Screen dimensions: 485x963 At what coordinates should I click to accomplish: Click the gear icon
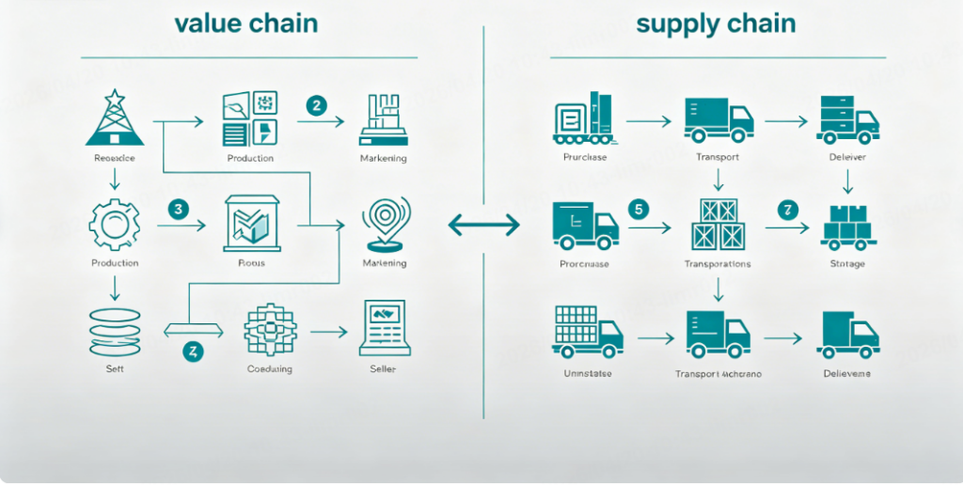(x=115, y=224)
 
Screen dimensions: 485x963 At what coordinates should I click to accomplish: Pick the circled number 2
(x=317, y=105)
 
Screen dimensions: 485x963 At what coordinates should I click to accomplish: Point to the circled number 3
(x=179, y=209)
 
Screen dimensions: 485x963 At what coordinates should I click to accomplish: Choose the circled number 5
(x=639, y=209)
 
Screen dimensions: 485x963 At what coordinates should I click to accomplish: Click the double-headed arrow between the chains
(x=483, y=225)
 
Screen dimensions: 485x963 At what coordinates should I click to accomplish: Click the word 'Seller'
(x=383, y=369)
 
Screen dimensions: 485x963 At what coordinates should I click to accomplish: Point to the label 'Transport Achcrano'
(x=718, y=374)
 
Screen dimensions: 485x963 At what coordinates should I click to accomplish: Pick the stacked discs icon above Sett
(x=115, y=331)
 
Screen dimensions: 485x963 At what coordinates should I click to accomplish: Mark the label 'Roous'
(x=250, y=263)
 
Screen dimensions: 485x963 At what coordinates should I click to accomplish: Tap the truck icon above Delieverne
(x=848, y=336)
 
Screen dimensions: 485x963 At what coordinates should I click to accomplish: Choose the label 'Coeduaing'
(x=269, y=369)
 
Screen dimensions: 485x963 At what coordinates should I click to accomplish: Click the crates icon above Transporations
(x=718, y=224)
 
